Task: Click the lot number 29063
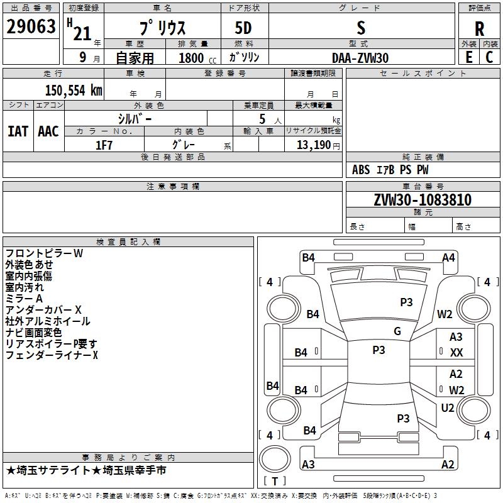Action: pyautogui.click(x=31, y=26)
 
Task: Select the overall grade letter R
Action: pyautogui.click(x=479, y=29)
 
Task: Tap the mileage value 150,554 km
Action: pyautogui.click(x=74, y=91)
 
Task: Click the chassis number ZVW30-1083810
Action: pyautogui.click(x=423, y=200)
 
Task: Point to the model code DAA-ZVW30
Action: pyautogui.click(x=360, y=58)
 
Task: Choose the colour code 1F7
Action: pyautogui.click(x=104, y=145)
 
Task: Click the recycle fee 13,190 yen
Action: pyautogui.click(x=318, y=145)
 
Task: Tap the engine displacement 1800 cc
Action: pyautogui.click(x=197, y=58)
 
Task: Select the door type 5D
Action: pyautogui.click(x=243, y=28)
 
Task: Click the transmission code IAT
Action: pyautogui.click(x=18, y=131)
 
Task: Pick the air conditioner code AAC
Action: pyautogui.click(x=48, y=131)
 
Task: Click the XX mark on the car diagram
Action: pyautogui.click(x=456, y=353)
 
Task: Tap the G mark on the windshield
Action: pyautogui.click(x=397, y=331)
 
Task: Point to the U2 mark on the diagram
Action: pyautogui.click(x=448, y=408)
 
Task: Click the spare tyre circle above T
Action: pyautogui.click(x=275, y=459)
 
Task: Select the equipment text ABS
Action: pyautogui.click(x=361, y=170)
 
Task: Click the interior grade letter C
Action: pyautogui.click(x=489, y=57)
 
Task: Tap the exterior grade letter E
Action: pyautogui.click(x=468, y=57)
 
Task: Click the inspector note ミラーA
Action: pyautogui.click(x=24, y=299)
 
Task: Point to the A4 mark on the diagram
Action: pyautogui.click(x=448, y=258)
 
